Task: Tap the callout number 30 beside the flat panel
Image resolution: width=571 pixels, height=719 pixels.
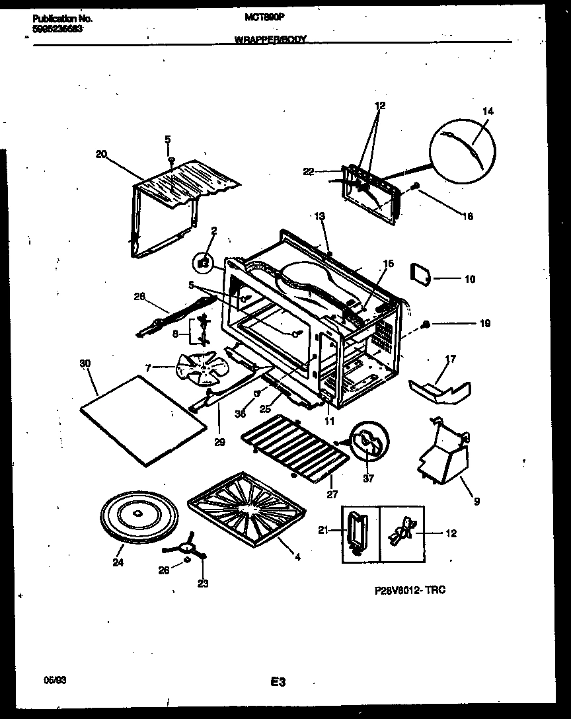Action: coord(85,363)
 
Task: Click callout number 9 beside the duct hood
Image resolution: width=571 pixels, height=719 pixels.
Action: coord(477,502)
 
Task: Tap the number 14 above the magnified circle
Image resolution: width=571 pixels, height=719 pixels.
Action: coord(488,112)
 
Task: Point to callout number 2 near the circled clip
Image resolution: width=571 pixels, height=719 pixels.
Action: coord(214,231)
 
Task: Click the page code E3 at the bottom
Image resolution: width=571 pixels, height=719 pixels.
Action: coord(278,681)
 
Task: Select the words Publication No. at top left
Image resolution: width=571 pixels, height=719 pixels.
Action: coord(62,19)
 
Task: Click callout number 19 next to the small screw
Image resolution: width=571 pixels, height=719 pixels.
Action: coord(485,324)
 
